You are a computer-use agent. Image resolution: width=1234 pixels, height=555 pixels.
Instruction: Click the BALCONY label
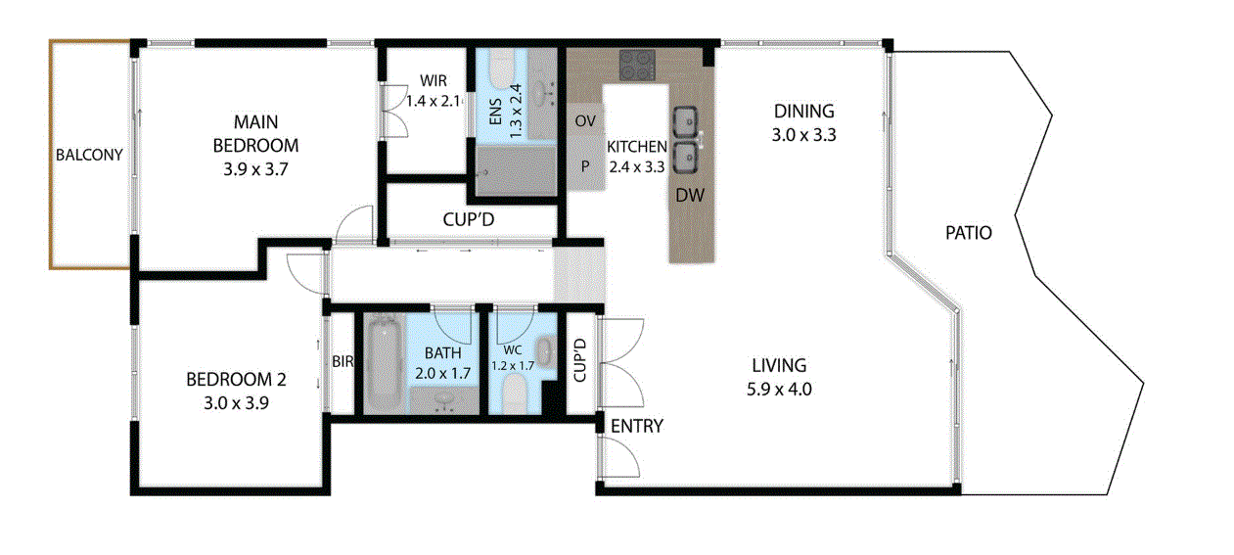[x=89, y=155]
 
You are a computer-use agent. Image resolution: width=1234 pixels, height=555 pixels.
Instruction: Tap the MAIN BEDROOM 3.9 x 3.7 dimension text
[x=255, y=168]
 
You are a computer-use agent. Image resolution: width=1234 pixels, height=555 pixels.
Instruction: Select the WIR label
[x=434, y=80]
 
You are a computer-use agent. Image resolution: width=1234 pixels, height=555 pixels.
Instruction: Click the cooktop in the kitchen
[x=637, y=65]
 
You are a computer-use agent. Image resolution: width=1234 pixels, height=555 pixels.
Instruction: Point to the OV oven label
[x=585, y=120]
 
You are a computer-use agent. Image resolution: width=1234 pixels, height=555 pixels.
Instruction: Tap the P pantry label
[x=585, y=165]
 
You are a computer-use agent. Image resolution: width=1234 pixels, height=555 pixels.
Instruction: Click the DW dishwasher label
[x=690, y=195]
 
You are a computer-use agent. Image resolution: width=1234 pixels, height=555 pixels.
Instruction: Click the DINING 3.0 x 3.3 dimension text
[x=803, y=135]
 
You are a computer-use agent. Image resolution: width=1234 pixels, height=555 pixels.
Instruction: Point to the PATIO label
[x=969, y=233]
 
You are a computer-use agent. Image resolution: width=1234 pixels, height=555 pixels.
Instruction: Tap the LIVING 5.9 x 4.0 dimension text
[x=779, y=390]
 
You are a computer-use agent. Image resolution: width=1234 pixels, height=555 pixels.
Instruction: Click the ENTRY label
[x=637, y=426]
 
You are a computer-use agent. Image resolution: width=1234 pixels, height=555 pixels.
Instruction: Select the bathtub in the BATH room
[x=385, y=364]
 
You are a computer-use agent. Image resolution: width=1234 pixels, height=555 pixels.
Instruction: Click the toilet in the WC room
[x=516, y=394]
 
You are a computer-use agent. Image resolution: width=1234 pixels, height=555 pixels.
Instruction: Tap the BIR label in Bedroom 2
[x=343, y=361]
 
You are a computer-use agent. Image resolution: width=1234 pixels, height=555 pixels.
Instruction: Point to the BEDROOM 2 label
[x=237, y=379]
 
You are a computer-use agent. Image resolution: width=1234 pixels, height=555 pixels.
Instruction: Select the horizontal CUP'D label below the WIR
[x=469, y=219]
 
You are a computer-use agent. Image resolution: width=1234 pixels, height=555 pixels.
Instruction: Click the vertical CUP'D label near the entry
[x=579, y=360]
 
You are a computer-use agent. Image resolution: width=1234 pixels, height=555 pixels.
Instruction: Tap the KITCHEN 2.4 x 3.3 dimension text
[x=637, y=166]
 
